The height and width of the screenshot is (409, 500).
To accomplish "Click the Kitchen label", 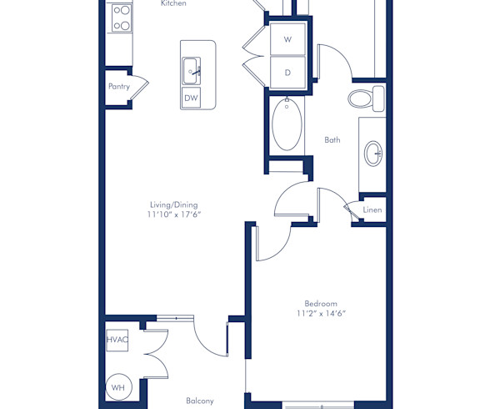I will (x=173, y=4).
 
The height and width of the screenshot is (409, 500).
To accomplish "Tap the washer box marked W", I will (x=287, y=39).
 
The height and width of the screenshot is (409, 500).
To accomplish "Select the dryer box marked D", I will (x=287, y=73).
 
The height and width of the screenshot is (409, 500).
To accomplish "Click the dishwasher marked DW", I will (x=192, y=98).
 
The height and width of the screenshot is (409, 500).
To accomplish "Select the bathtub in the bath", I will (x=286, y=125).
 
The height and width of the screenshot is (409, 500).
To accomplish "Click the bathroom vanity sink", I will (x=374, y=153).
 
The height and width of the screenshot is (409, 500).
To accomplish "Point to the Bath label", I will (x=332, y=140).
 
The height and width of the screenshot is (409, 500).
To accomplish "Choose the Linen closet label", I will (x=372, y=210).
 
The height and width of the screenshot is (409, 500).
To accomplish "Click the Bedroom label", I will (x=321, y=303).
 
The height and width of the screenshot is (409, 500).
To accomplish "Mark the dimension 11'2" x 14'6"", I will (x=321, y=314).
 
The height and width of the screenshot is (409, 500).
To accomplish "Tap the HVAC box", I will (x=117, y=340).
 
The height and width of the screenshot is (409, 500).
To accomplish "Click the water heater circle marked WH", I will (x=117, y=386).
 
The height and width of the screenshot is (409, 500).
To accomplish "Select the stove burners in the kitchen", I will (x=121, y=18).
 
